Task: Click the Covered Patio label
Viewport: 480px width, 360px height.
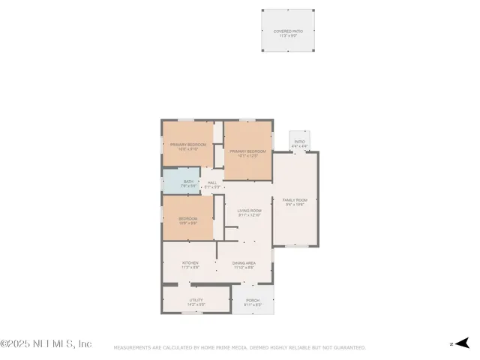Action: click(288, 31)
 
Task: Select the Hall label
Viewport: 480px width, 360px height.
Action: click(212, 182)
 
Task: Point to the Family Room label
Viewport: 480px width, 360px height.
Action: click(295, 200)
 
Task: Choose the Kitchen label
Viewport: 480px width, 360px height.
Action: click(190, 262)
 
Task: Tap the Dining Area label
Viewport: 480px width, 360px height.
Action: click(244, 262)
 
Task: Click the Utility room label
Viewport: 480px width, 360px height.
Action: click(195, 300)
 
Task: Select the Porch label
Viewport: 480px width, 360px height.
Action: click(252, 301)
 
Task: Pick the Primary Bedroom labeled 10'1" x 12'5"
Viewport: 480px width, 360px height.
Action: click(248, 151)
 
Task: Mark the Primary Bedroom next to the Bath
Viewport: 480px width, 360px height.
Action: click(188, 145)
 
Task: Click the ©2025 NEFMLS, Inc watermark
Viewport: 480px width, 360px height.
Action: click(46, 343)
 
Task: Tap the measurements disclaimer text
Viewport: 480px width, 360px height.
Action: click(239, 347)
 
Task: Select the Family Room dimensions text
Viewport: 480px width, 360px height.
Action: click(295, 205)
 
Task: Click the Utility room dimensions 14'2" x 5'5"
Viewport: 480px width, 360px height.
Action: click(195, 304)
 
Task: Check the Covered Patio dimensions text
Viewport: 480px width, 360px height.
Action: click(288, 35)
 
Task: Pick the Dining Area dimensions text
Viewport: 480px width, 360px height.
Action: click(244, 267)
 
